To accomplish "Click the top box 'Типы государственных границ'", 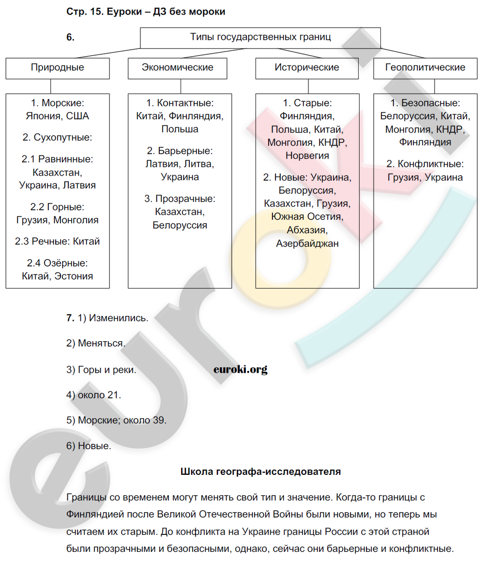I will (260, 37).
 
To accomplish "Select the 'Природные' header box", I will (58, 68).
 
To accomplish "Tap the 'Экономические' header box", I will (178, 68).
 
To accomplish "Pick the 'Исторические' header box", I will (307, 68).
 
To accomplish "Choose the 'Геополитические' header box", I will (425, 68).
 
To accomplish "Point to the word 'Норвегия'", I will (307, 156).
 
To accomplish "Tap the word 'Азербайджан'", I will (307, 243).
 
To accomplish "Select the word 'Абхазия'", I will (307, 230).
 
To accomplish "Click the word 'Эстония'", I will (74, 276).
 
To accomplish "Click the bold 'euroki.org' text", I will (240, 369).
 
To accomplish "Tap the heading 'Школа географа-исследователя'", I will (260, 471).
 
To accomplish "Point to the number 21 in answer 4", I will (113, 395).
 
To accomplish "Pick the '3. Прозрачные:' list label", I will (180, 199).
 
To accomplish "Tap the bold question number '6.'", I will (71, 37).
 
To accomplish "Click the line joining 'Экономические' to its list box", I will (180, 86).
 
